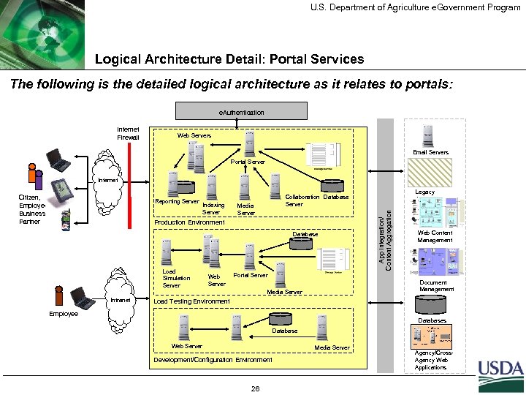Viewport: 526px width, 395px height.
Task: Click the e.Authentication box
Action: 242,112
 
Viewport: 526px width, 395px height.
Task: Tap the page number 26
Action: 255,388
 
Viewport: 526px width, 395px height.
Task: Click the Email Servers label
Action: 430,152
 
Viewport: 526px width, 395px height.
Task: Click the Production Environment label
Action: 189,222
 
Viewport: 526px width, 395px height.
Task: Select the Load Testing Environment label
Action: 191,301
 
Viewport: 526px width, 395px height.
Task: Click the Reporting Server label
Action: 178,201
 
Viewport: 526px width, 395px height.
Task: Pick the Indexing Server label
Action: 213,208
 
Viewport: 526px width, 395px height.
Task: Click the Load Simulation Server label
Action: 175,279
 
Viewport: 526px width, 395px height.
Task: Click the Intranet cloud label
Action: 120,300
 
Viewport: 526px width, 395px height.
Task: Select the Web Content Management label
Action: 435,236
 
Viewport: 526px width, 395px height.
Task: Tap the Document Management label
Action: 436,286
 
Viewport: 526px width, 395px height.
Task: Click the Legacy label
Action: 424,192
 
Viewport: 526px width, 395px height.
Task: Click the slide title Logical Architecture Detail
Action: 229,59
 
